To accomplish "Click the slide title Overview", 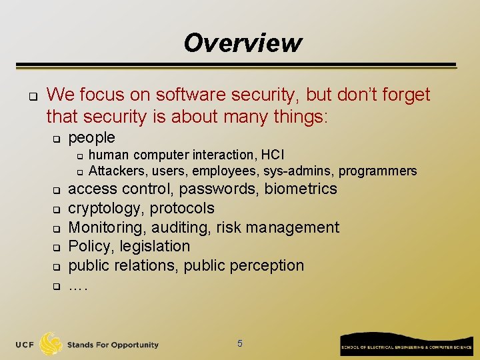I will click(x=243, y=43).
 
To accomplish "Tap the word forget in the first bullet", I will click(x=402, y=95).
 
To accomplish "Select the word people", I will click(x=92, y=137).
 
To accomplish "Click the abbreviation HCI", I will click(x=273, y=155).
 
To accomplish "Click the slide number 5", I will click(x=240, y=344).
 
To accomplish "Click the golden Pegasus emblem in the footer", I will click(x=51, y=343).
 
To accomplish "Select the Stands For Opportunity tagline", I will click(x=113, y=345).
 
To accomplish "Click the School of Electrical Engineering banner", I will click(x=406, y=344).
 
